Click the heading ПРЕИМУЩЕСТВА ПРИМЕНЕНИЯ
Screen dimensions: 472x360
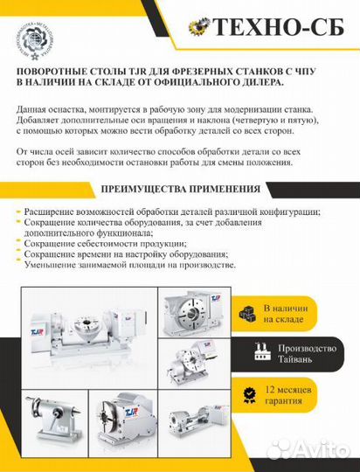coord(180,189)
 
